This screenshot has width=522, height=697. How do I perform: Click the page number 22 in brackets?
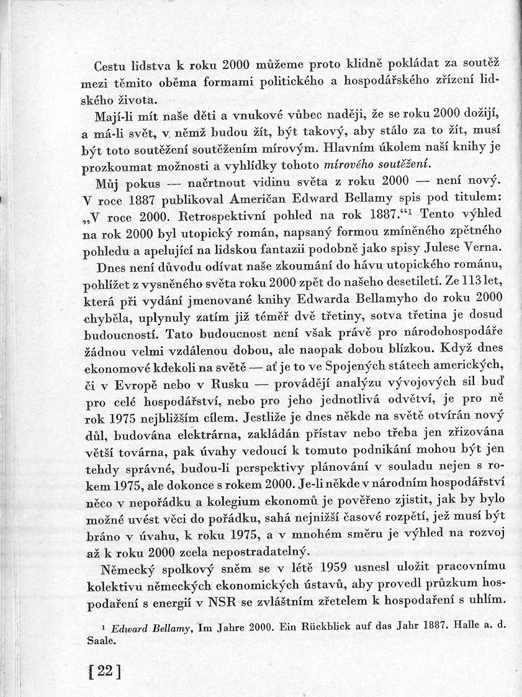point(105,672)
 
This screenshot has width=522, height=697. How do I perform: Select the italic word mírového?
point(347,166)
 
